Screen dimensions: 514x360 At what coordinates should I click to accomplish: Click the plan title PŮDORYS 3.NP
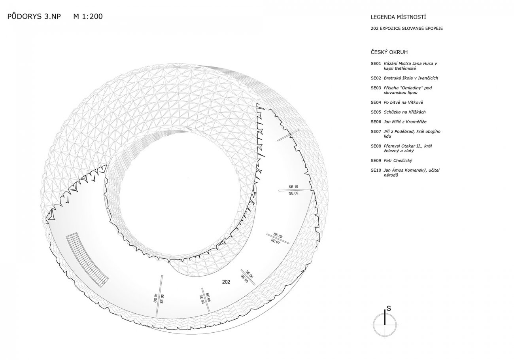(34, 17)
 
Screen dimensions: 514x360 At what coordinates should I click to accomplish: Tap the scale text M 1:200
(88, 17)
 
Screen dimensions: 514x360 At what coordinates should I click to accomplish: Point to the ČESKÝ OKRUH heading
(389, 52)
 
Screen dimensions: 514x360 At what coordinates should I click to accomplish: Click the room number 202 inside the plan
(226, 282)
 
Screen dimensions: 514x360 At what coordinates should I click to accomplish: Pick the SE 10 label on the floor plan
(293, 187)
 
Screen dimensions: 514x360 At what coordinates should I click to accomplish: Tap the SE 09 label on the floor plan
(293, 193)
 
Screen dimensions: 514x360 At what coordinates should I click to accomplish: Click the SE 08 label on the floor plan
(278, 235)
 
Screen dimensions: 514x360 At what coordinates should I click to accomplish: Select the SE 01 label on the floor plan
(155, 298)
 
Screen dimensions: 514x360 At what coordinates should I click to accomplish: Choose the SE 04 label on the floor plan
(208, 297)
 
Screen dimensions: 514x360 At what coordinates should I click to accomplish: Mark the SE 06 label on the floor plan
(249, 275)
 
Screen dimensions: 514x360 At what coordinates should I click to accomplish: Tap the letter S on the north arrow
(389, 308)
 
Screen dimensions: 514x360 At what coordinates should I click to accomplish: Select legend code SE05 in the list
(376, 112)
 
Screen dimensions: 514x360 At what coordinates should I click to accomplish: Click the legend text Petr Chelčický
(398, 161)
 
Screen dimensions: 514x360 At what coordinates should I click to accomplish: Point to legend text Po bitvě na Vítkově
(403, 102)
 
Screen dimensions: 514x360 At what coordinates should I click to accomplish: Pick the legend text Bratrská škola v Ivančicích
(411, 78)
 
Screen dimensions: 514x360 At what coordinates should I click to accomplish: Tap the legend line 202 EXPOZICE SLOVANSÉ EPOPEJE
(406, 28)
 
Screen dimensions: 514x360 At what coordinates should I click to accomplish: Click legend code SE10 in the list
(376, 171)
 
